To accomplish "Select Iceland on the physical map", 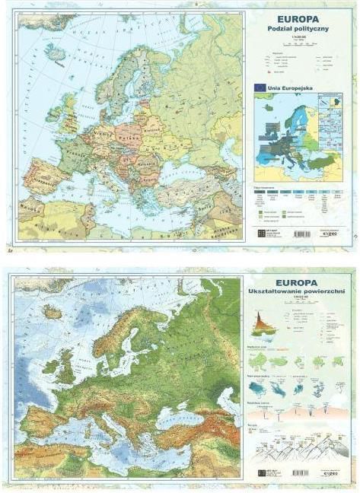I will [52, 312].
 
